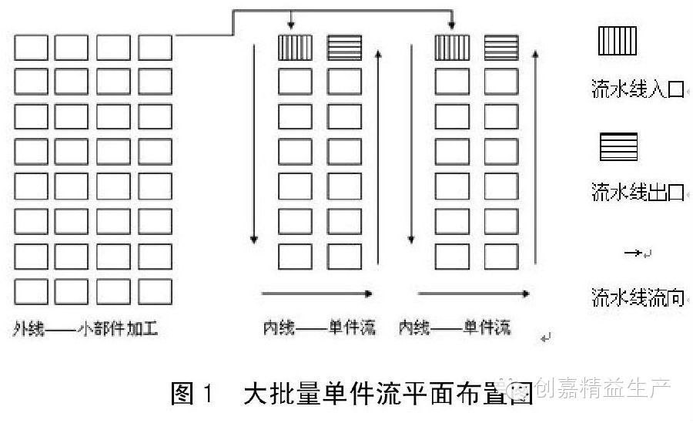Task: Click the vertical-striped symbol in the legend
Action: coord(618,41)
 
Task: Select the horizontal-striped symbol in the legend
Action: coord(618,146)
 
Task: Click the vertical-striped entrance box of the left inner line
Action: coord(295,48)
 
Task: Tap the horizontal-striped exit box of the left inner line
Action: coord(344,48)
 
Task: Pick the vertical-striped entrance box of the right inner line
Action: coord(452,48)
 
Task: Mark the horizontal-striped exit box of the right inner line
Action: coord(501,48)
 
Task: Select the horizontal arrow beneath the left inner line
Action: coord(317,294)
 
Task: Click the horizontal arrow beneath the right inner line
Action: coord(473,294)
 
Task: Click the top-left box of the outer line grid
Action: coord(31,48)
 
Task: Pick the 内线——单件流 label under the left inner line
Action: coord(318,329)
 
